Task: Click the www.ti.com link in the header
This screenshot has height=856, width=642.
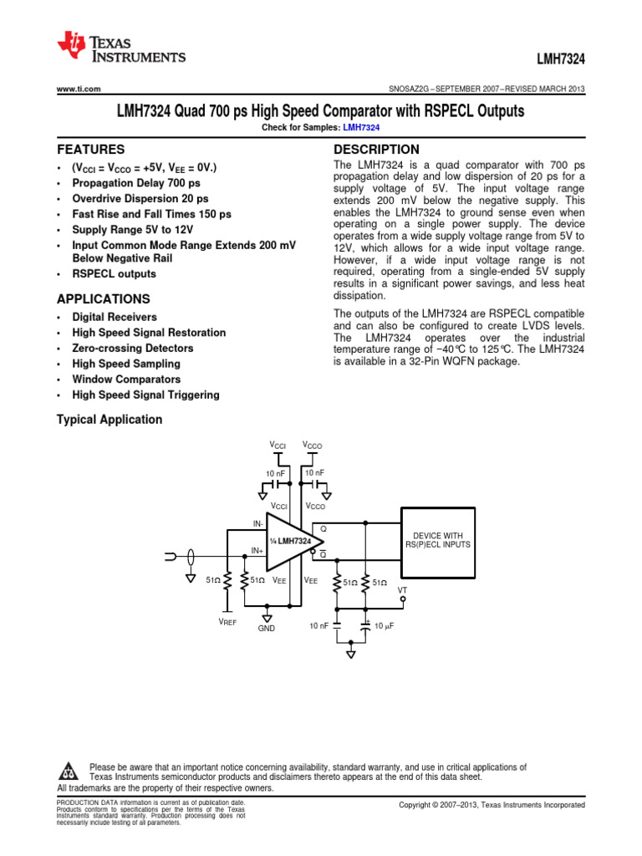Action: coord(78,89)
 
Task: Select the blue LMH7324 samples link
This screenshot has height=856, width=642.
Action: coord(362,127)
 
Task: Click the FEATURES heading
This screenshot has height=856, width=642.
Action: coord(90,150)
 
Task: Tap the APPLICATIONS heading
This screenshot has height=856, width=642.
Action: coord(103,298)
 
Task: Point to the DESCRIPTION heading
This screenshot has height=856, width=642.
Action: coord(376,149)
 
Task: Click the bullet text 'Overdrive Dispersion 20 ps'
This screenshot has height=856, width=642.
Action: coord(140,199)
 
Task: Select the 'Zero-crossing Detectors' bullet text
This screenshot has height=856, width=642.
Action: coord(132,348)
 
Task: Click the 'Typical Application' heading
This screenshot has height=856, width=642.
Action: coord(109,419)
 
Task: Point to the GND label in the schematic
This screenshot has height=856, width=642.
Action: coord(266,627)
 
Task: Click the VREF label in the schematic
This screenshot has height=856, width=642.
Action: coord(227,623)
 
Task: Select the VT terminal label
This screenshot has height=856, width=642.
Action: coord(402,589)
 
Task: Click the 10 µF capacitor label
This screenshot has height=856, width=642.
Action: coord(384,625)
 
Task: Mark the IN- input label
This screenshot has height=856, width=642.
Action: coord(257,523)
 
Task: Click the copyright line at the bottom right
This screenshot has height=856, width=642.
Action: coord(492,804)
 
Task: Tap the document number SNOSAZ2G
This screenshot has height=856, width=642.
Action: coord(416,89)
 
